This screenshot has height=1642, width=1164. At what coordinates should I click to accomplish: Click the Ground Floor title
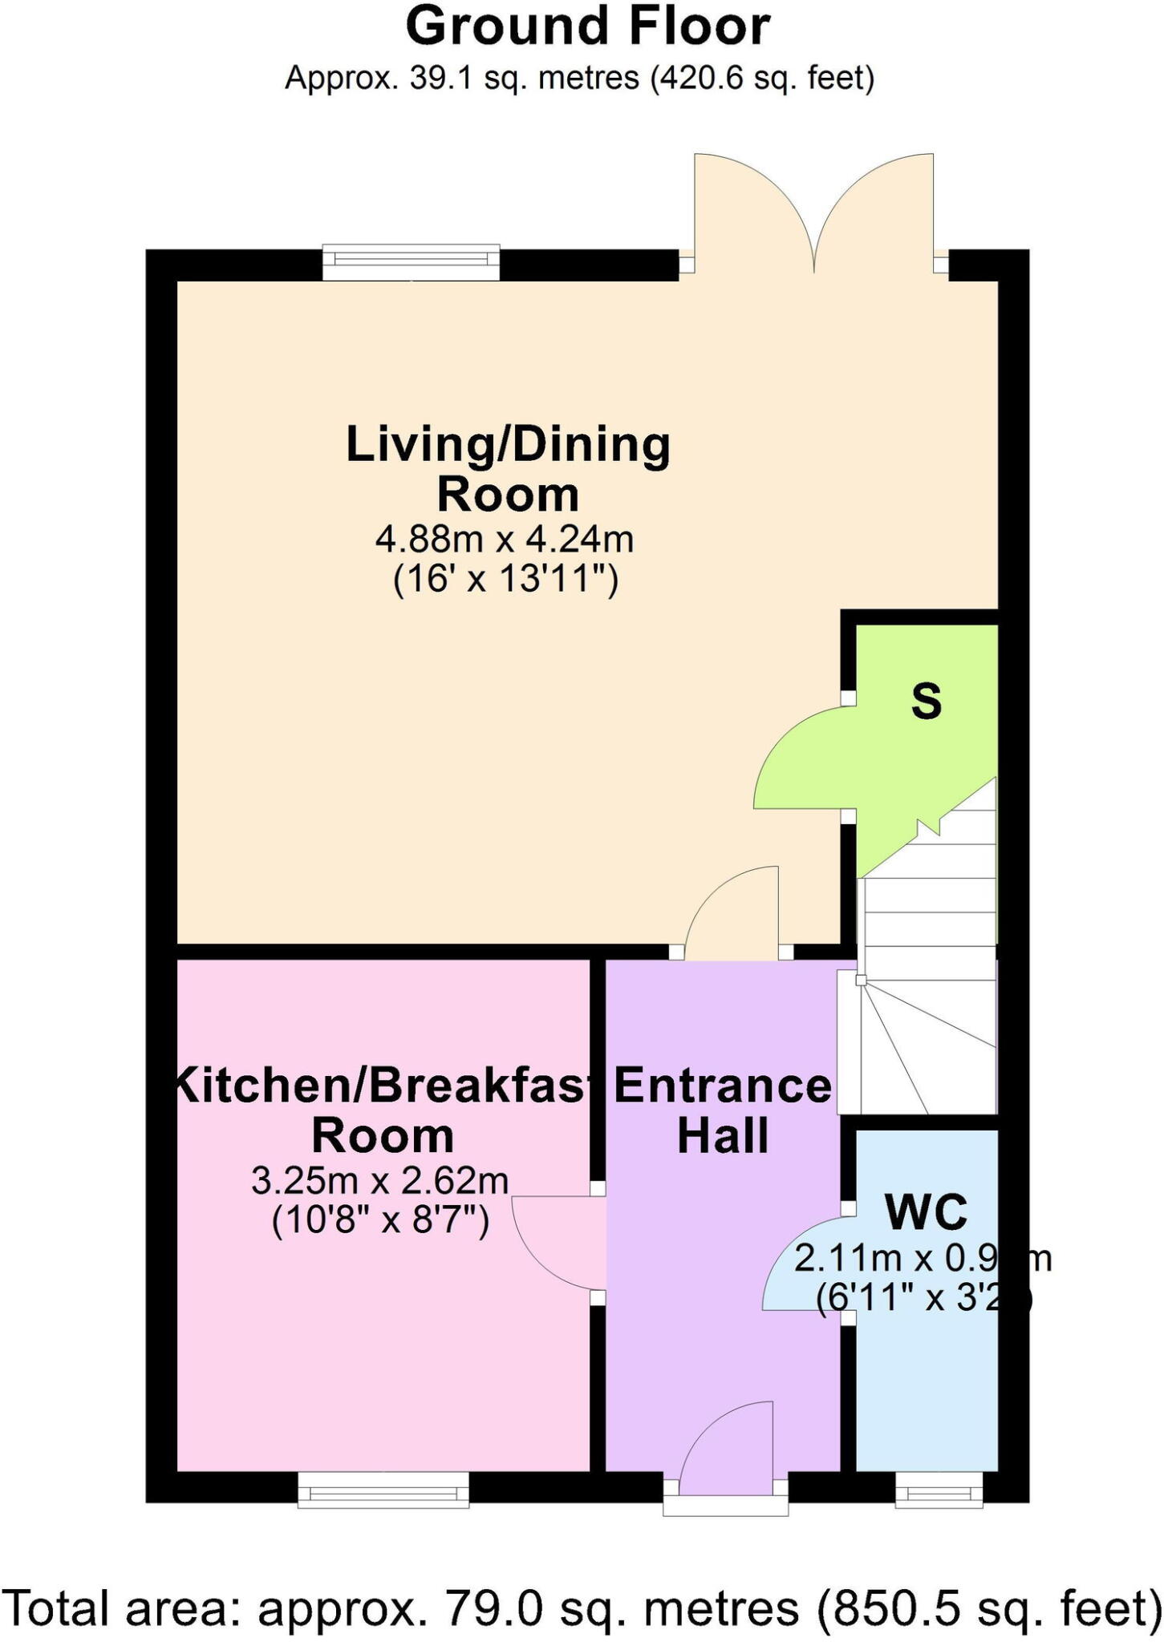[x=587, y=27]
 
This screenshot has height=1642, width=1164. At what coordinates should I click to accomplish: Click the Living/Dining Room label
[x=507, y=469]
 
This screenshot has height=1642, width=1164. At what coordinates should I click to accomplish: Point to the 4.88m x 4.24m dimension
[x=505, y=540]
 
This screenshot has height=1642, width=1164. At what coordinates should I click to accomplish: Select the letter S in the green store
[x=926, y=702]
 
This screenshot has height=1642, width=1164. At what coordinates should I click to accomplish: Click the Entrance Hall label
[x=722, y=1110]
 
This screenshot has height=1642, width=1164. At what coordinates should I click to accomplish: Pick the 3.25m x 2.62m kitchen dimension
[x=380, y=1181]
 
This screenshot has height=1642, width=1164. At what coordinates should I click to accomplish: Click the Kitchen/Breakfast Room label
[x=383, y=1110]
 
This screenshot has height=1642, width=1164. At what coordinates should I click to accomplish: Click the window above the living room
[x=411, y=263]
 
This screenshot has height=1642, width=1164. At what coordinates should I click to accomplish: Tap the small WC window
[x=939, y=1491]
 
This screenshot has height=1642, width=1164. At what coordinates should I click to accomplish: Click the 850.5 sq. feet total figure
[x=987, y=1604]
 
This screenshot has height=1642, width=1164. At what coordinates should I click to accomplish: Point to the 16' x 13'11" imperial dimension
[x=505, y=579]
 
